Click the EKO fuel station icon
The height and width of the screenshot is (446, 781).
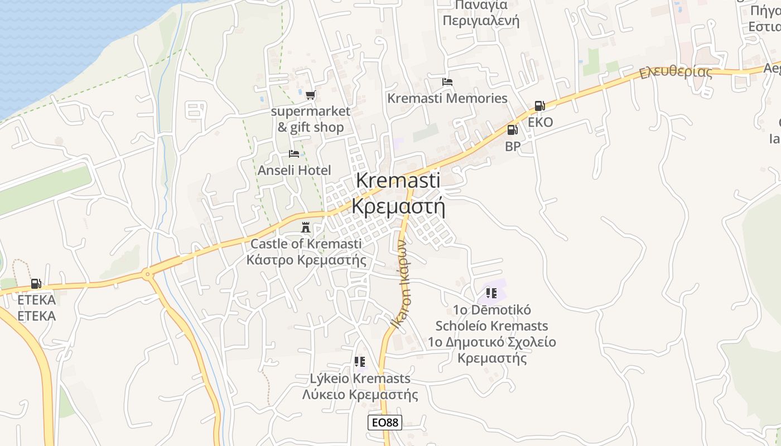tap(539, 106)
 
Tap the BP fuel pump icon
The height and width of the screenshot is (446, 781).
tap(512, 130)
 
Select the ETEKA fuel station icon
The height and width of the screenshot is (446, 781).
tap(36, 284)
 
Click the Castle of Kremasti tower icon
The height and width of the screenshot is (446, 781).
tap(306, 227)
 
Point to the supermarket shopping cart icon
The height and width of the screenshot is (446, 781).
tap(310, 95)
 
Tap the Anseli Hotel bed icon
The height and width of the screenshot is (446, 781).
tap(294, 154)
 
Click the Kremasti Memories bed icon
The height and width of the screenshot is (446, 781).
tap(447, 82)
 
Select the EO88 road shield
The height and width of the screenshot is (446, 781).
tap(385, 423)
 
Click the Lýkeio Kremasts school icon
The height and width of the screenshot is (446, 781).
tap(360, 362)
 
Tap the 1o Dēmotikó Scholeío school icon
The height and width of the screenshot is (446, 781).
tap(491, 293)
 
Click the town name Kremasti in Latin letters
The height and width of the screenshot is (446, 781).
tap(398, 180)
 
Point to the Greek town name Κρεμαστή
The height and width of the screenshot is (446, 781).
tap(398, 206)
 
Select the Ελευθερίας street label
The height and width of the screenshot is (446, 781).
tap(676, 72)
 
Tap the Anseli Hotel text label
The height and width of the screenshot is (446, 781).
tap(294, 170)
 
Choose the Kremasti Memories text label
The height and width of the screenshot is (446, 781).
tap(447, 99)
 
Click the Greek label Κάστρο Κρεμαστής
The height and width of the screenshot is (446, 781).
tap(306, 260)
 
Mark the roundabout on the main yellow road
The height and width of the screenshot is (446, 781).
tap(147, 274)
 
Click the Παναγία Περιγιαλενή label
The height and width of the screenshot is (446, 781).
tap(481, 13)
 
